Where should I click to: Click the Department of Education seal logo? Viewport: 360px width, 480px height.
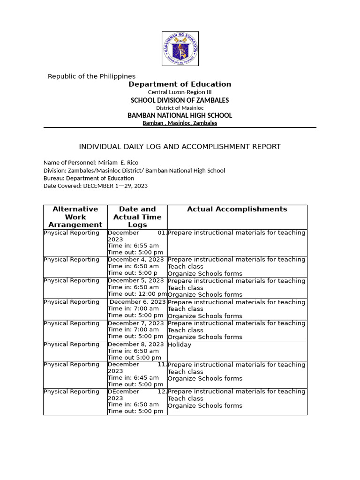coord(180,49)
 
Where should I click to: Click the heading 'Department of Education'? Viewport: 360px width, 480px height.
coord(180,84)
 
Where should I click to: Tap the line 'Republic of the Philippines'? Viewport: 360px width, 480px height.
coord(91,76)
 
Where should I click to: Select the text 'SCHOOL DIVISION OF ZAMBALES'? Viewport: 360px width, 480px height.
coord(180,100)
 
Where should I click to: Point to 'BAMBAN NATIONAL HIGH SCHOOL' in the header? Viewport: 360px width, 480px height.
coord(180,115)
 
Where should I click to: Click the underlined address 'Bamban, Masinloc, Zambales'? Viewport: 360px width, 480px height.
coord(180,123)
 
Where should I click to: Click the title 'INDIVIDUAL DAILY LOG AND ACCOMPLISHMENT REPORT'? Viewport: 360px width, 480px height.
coord(180,147)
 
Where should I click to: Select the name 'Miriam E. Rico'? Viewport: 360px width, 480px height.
coord(118,163)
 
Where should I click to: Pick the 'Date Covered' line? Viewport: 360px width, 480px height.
coord(96,186)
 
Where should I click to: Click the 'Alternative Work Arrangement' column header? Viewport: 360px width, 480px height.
coord(75,217)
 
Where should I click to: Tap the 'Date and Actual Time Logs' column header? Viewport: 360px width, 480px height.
coord(137,217)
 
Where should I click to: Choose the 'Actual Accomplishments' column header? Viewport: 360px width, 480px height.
coord(237,210)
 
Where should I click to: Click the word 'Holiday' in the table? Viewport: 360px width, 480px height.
coord(180,345)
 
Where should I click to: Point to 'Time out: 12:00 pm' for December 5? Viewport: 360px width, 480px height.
coord(137,294)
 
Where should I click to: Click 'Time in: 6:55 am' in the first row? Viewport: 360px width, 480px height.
coord(134,246)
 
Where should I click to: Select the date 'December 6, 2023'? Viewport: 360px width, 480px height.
coord(138,302)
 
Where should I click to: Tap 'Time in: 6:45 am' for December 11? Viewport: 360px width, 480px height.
coord(134,378)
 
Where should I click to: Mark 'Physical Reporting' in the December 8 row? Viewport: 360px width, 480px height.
coord(72,345)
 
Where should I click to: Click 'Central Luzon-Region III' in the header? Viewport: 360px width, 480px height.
coord(180,92)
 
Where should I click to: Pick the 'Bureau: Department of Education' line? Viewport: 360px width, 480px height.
coord(89,178)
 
